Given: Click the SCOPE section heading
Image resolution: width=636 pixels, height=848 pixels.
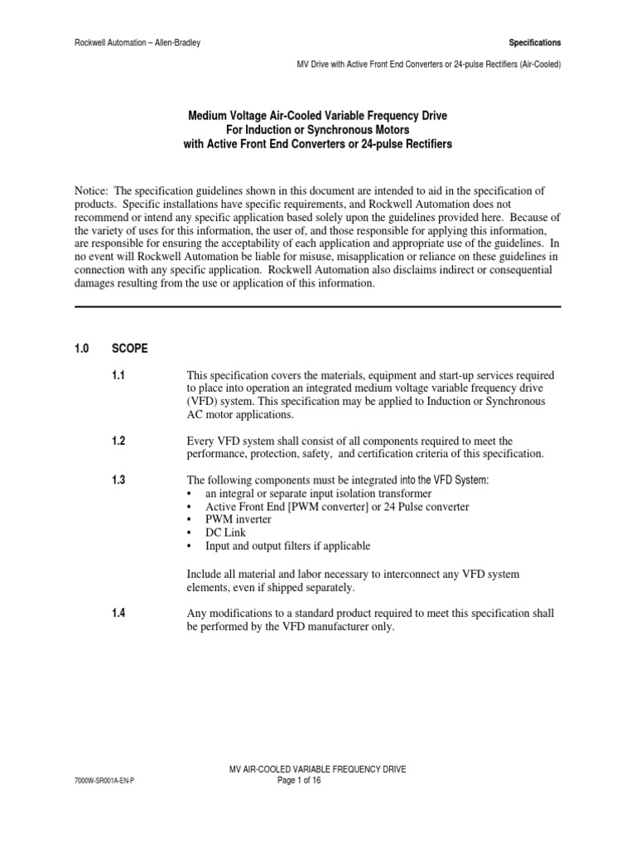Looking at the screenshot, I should point(129,349).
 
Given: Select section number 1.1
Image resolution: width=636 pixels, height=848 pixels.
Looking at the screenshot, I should point(118,376).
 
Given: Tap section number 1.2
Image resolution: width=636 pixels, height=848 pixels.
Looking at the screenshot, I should point(118,441).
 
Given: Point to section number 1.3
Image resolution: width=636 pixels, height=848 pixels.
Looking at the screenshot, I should point(118,480).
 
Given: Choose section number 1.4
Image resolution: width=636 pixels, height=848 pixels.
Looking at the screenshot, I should point(118,613).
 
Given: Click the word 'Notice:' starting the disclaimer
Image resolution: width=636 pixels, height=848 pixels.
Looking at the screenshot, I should point(91,191).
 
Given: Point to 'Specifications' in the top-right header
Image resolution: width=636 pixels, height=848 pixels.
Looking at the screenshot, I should point(533,42).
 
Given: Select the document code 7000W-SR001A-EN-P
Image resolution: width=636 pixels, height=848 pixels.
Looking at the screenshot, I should point(104,780).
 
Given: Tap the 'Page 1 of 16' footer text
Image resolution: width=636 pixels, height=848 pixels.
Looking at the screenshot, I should point(317,780).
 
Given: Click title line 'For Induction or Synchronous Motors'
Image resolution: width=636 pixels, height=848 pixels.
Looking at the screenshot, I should point(317,130).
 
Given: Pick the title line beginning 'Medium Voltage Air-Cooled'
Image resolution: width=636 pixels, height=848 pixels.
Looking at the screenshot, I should point(317,116).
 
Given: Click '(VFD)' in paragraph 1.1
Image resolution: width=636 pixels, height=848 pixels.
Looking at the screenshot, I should point(204,402).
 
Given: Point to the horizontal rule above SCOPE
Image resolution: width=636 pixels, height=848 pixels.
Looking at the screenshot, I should point(317,306).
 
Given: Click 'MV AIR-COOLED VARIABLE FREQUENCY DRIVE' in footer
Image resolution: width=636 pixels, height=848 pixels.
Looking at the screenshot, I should point(317,769).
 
